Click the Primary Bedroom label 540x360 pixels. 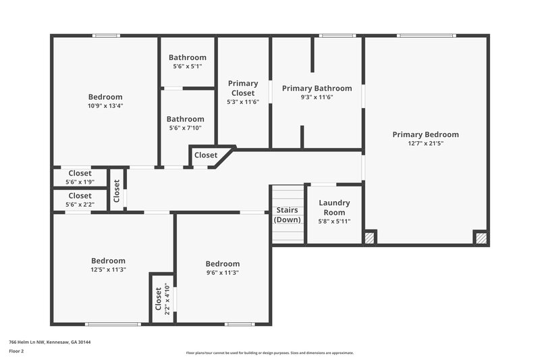(x=425, y=134)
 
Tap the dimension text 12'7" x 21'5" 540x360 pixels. (x=425, y=143)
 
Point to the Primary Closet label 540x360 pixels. (x=243, y=88)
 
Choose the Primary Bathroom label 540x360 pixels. (x=317, y=88)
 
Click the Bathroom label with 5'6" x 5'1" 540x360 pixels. (x=187, y=57)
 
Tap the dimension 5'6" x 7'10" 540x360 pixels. (x=186, y=128)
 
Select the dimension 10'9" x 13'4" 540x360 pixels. (x=105, y=105)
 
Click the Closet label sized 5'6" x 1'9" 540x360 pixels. (x=80, y=173)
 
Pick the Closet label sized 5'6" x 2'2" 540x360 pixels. (x=80, y=195)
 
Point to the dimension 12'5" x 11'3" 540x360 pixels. (x=108, y=269)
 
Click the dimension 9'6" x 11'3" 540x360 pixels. (x=222, y=272)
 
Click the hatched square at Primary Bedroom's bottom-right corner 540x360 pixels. (x=481, y=238)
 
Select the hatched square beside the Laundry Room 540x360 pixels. (x=369, y=238)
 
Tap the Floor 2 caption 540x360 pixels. (x=16, y=351)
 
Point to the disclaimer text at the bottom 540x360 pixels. (x=270, y=353)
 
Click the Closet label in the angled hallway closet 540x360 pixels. (x=206, y=155)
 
